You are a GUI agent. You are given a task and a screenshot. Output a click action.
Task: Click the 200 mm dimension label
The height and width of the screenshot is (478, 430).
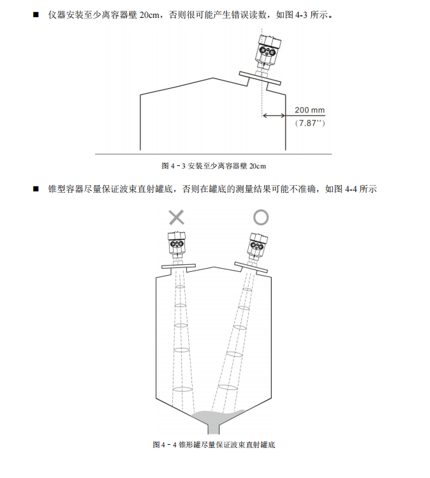click(310, 109)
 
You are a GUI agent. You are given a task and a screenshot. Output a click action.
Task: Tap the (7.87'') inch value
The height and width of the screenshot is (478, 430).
click(310, 123)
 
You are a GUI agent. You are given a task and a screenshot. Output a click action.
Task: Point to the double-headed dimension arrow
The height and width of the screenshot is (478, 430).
click(274, 116)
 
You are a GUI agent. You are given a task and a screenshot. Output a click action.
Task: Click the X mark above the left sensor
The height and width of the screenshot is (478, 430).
click(177, 217)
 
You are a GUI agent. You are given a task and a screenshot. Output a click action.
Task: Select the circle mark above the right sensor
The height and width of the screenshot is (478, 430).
click(261, 217)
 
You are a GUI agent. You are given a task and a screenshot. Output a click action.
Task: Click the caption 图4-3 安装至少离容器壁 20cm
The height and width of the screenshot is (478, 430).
click(214, 166)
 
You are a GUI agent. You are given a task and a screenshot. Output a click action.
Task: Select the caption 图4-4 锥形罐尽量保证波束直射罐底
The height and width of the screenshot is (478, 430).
click(214, 444)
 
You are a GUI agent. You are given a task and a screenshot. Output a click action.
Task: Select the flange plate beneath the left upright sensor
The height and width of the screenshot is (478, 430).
click(177, 265)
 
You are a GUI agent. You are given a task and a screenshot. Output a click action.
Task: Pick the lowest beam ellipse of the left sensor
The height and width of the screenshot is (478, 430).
click(182, 389)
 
